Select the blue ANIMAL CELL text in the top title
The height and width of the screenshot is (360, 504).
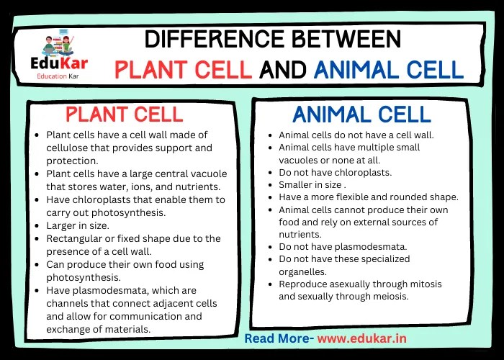click(x=388, y=69)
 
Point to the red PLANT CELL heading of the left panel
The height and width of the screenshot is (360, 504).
click(x=125, y=114)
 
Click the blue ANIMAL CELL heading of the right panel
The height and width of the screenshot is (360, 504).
click(x=361, y=114)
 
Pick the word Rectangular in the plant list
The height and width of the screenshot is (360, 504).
click(x=74, y=238)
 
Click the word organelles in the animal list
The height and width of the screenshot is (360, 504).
click(x=303, y=271)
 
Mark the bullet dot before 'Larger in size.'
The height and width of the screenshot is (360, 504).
click(x=37, y=225)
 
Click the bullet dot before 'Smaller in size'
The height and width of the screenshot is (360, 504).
click(x=271, y=184)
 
